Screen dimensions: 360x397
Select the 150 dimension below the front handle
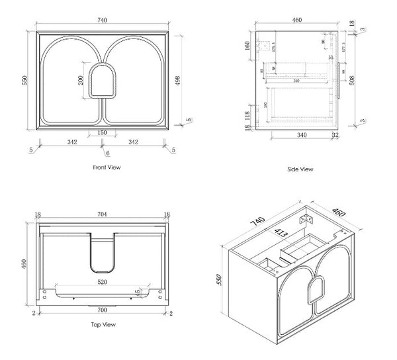point(103,132)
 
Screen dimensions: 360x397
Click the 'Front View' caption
point(106,167)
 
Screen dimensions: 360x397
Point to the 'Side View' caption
point(300,169)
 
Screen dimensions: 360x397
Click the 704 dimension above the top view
point(103,214)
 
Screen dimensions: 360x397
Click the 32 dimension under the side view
point(335,136)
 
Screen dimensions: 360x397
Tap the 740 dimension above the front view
point(103,20)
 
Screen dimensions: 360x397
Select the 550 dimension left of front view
point(24,79)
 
